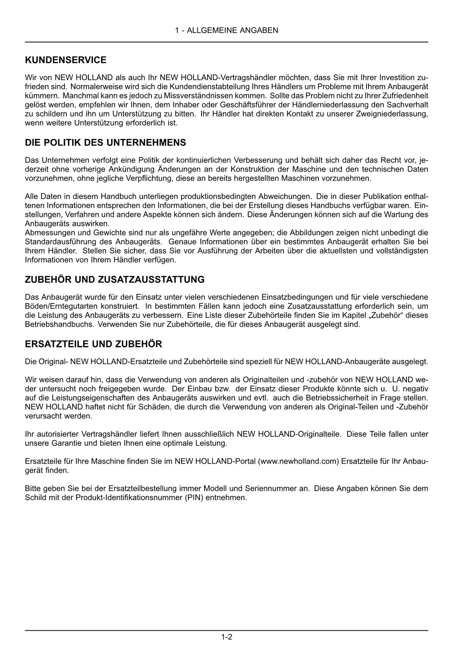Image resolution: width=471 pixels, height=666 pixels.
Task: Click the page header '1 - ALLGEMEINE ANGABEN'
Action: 227,30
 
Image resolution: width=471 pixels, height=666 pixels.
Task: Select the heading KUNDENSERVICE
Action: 66,60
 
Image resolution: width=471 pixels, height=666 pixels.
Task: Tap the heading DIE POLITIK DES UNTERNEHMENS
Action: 106,143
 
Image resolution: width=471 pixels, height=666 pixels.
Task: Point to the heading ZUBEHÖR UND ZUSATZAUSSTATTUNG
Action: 115,279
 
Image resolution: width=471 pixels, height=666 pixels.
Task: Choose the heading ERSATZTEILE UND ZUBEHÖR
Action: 93,344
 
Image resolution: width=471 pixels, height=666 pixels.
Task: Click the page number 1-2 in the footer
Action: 227,637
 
